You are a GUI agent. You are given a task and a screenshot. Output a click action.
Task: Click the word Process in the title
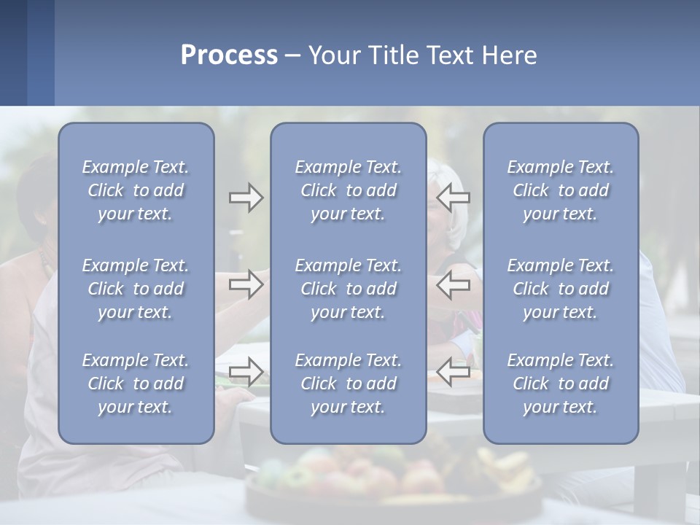(x=229, y=55)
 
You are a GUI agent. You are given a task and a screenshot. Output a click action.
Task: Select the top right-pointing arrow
(x=246, y=198)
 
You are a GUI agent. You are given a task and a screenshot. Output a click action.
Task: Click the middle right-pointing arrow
(x=246, y=285)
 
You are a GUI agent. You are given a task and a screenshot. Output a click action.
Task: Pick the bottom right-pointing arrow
(x=246, y=372)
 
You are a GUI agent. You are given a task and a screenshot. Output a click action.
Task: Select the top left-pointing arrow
(x=454, y=198)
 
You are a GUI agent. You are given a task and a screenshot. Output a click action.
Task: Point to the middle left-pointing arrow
(x=454, y=285)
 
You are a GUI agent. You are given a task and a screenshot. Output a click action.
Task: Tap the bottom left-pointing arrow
(x=454, y=372)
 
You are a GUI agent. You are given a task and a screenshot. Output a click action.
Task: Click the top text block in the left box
(x=136, y=190)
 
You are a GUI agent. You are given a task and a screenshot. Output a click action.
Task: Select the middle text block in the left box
(x=136, y=289)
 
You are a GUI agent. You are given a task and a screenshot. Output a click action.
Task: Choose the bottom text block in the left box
(x=136, y=384)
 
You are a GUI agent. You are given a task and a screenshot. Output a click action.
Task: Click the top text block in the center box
(x=348, y=190)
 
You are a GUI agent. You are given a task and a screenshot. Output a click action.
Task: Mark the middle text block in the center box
(x=348, y=289)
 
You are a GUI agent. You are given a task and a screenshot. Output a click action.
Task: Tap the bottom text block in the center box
(x=348, y=384)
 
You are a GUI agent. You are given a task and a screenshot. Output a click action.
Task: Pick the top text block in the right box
(x=560, y=190)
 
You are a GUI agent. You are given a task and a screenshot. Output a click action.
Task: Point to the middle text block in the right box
(x=560, y=289)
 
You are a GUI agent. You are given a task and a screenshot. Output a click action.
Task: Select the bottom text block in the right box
(x=560, y=384)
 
